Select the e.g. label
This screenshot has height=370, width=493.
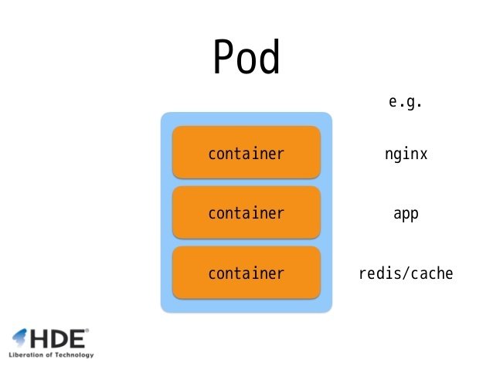click(x=406, y=102)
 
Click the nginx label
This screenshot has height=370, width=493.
click(x=406, y=154)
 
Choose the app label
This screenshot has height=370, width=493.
click(x=406, y=214)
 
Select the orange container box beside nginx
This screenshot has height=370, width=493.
click(x=246, y=154)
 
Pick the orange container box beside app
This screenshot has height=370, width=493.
click(x=246, y=213)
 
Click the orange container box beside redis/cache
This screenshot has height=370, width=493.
click(x=246, y=273)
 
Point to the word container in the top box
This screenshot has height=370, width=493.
click(x=246, y=154)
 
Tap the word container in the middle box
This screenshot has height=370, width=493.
click(x=246, y=213)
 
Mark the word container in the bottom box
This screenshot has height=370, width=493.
click(x=246, y=273)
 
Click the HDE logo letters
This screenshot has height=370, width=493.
click(x=58, y=338)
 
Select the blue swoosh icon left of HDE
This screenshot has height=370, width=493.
click(x=19, y=337)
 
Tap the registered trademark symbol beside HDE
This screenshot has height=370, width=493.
click(x=87, y=331)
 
